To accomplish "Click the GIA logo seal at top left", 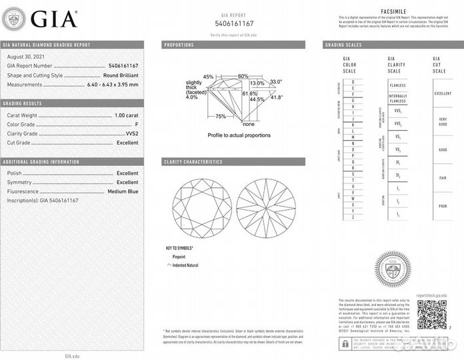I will pyautogui.click(x=15, y=18).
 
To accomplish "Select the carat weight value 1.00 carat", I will pyautogui.click(x=127, y=116).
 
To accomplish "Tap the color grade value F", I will pyautogui.click(x=136, y=125).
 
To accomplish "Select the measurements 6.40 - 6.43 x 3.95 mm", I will pyautogui.click(x=113, y=85).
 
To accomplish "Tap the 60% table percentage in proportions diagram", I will pyautogui.click(x=243, y=76).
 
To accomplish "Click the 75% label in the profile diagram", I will pyautogui.click(x=221, y=116).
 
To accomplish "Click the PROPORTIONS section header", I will pyautogui.click(x=179, y=45).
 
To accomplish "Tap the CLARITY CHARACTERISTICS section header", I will pyautogui.click(x=193, y=162).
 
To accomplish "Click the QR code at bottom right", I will pyautogui.click(x=431, y=315).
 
